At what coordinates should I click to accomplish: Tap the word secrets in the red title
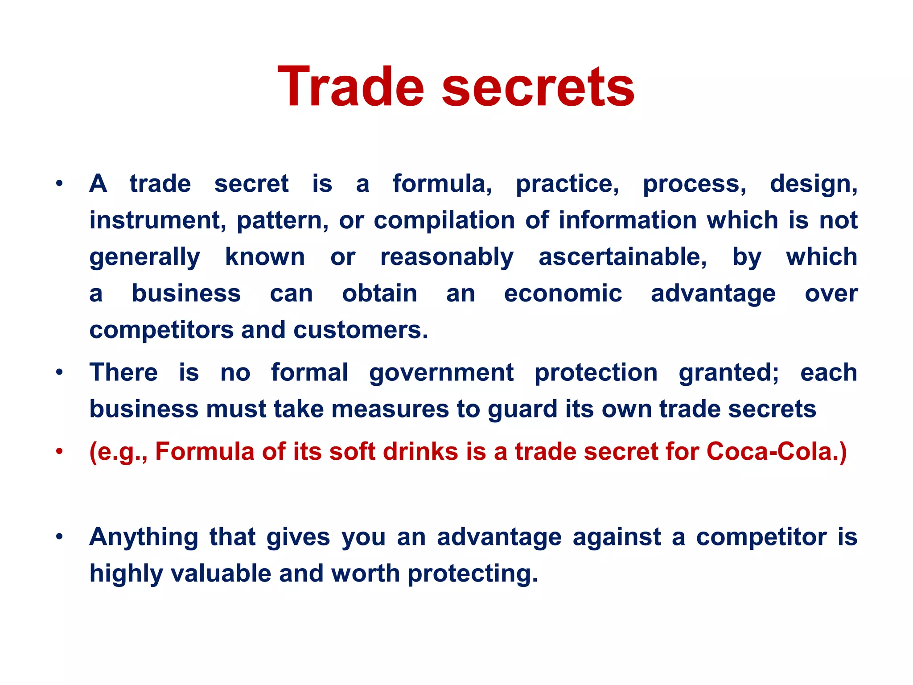point(538,87)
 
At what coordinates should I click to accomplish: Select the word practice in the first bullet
point(567,184)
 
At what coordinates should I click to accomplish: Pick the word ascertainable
point(622,257)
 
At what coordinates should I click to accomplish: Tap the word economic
point(563,293)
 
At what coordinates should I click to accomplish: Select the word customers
point(360,330)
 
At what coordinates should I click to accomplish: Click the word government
point(441,373)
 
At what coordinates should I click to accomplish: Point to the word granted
point(728,373)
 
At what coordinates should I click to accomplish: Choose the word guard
point(522,409)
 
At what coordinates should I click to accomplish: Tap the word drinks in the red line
point(420,451)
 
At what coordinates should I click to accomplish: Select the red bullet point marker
point(59,452)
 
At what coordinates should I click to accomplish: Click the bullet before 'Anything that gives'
point(59,536)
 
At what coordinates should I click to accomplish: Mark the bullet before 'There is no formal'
point(59,372)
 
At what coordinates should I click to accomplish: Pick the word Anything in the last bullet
point(144,537)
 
